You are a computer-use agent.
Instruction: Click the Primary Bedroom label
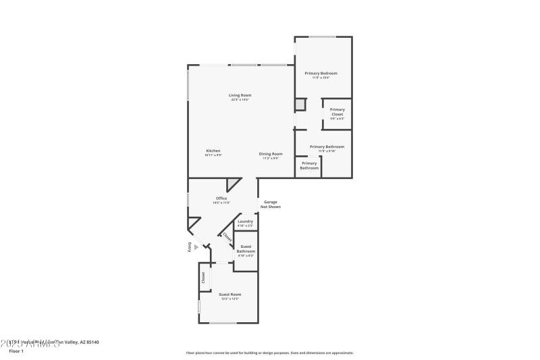(321, 73)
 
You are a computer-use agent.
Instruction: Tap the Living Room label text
(240, 95)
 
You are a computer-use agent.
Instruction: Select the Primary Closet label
(337, 111)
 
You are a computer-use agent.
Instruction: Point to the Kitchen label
(213, 151)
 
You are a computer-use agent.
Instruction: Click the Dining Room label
(271, 154)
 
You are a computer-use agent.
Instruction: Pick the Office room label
(221, 198)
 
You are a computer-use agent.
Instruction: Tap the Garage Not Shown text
(271, 204)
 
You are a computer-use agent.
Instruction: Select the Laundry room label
(245, 222)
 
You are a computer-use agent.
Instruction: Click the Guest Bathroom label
(246, 249)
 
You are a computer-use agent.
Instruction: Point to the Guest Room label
(230, 294)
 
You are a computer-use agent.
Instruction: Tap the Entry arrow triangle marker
(196, 247)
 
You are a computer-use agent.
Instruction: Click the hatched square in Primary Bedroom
(300, 105)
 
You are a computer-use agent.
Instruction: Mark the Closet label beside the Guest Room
(202, 278)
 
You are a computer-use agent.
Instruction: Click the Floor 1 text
(16, 351)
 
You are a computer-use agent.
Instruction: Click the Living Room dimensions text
(240, 100)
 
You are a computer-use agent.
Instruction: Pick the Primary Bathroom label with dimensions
(327, 149)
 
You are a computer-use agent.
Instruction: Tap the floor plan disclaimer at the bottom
(269, 353)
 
